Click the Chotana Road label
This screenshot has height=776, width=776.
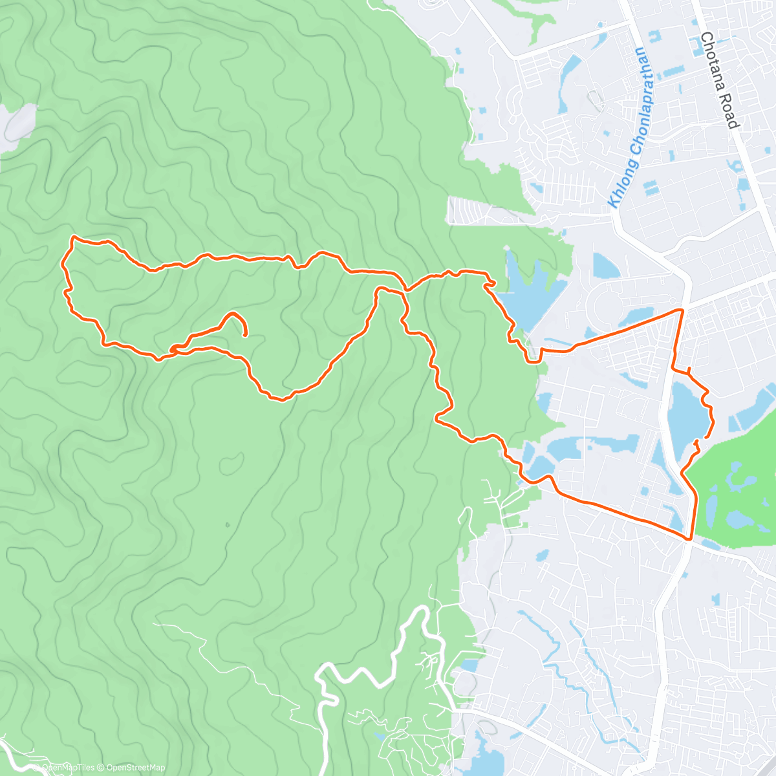point(718,80)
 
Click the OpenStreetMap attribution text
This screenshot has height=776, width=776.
point(135,768)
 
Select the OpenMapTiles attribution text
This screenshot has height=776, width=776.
point(69,768)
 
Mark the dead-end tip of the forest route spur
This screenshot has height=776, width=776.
point(246,334)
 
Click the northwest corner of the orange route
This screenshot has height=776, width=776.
point(73,237)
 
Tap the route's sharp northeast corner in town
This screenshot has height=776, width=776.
point(682,310)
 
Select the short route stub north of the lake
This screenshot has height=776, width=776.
point(689,370)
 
